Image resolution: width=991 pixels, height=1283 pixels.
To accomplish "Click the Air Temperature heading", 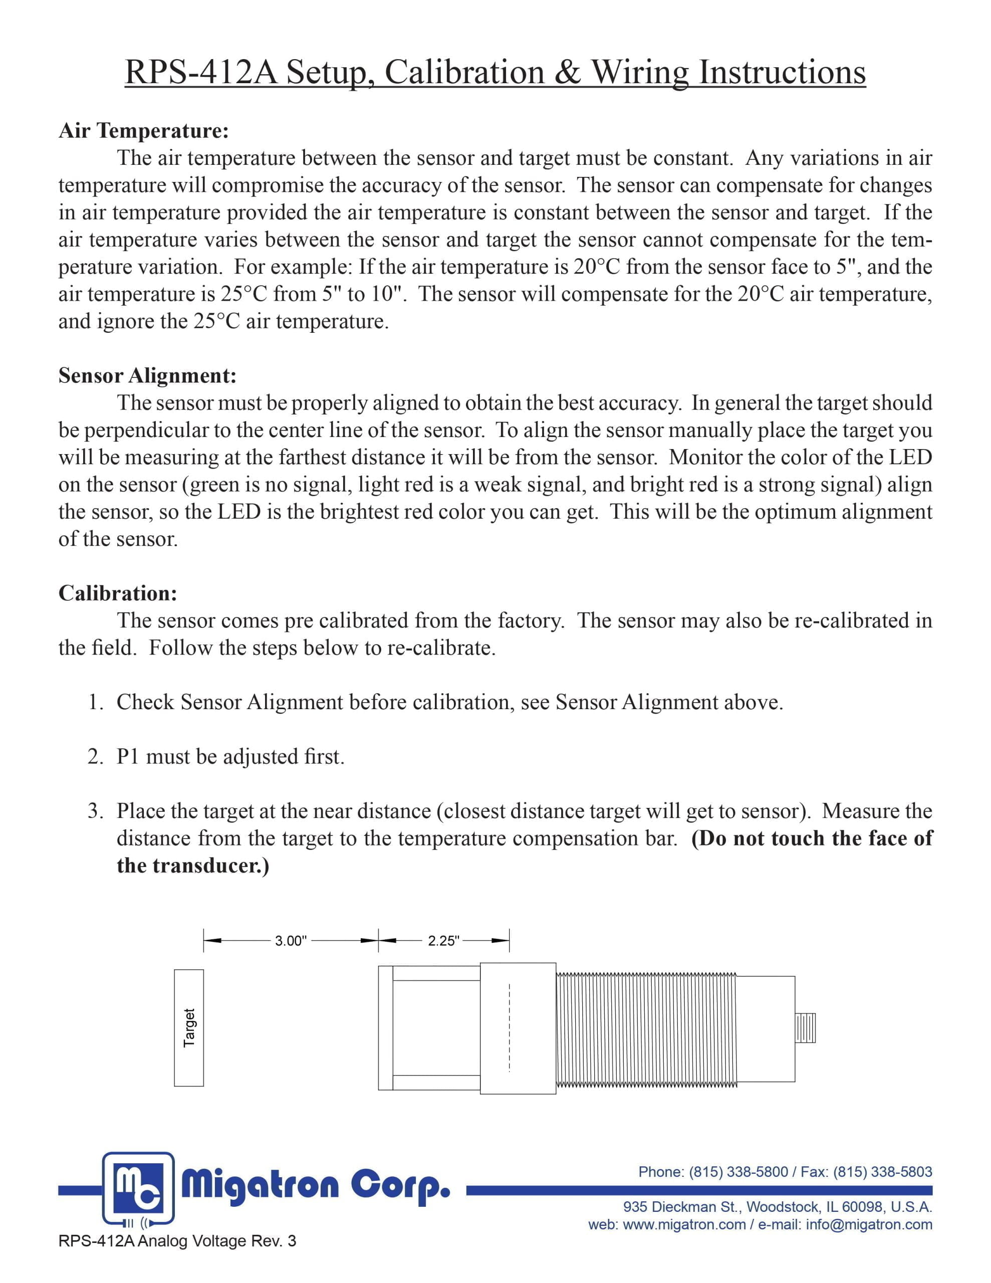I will click(143, 130).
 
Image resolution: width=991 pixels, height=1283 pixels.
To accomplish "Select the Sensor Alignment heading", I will click(147, 375).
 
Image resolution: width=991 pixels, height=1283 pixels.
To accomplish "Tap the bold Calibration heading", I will click(117, 593).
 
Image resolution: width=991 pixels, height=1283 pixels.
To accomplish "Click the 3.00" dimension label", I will click(291, 941).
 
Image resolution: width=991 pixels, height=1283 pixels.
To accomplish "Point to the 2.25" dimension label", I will click(443, 941).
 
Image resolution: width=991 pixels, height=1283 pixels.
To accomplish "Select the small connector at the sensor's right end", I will click(805, 1027).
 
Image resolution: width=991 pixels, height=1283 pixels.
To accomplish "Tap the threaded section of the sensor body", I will click(645, 1028).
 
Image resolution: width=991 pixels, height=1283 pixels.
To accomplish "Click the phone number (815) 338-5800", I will click(738, 1171).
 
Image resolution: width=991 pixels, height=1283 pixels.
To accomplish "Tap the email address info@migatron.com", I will click(869, 1225).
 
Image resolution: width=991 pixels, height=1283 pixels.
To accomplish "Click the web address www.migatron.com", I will click(683, 1225).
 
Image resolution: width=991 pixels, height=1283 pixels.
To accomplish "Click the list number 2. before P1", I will click(96, 757).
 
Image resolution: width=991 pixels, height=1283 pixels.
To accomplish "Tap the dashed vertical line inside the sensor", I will click(510, 1028).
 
